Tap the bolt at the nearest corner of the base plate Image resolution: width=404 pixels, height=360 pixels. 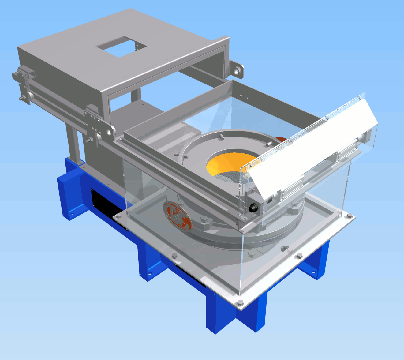240,303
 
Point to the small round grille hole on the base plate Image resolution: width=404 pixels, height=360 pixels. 285,249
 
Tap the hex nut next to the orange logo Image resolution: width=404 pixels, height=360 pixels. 204,219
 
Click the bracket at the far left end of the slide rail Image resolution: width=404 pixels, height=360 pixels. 23,83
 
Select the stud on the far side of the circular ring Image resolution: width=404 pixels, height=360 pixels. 221,137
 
